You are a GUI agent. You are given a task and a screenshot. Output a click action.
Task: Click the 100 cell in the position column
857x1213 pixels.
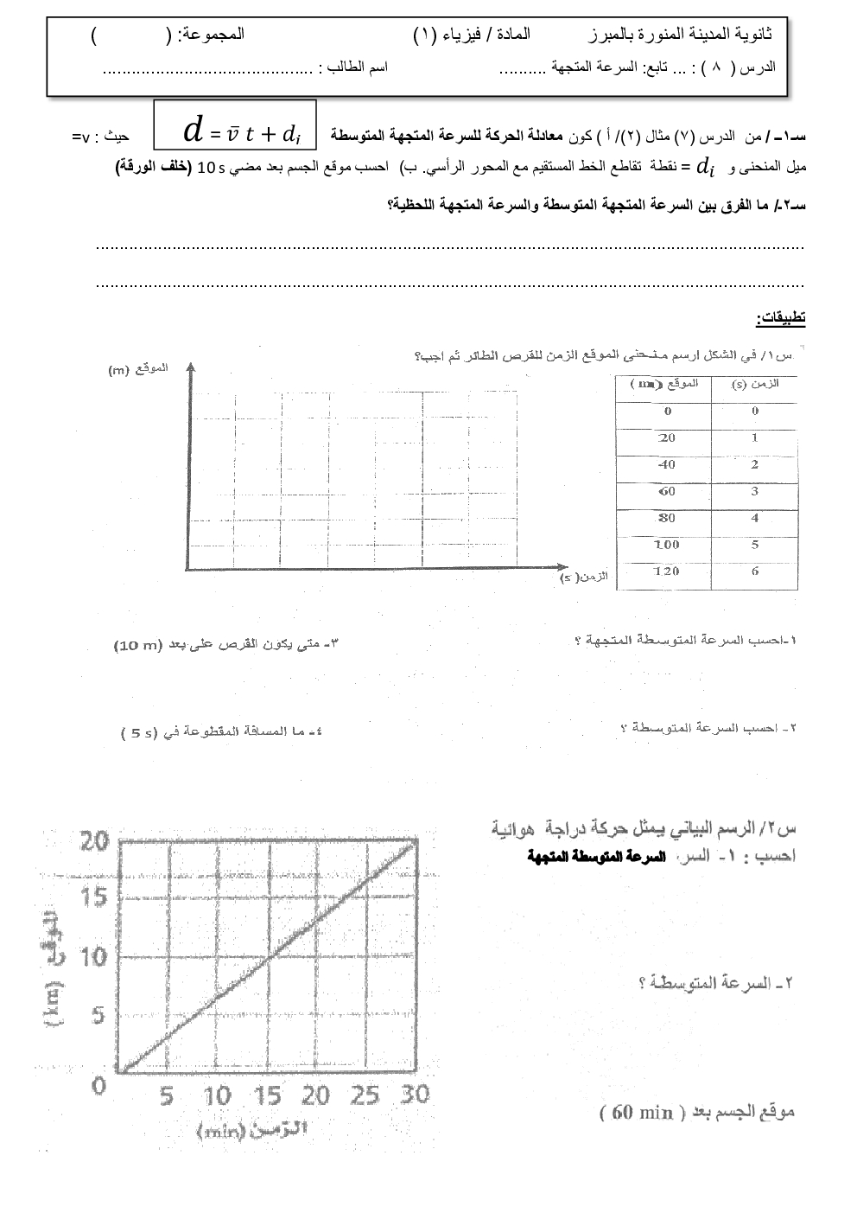pyautogui.click(x=666, y=545)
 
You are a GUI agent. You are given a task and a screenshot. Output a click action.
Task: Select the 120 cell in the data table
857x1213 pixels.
pyautogui.click(x=666, y=571)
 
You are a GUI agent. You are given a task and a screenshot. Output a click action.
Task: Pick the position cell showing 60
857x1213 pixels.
pyautogui.click(x=666, y=491)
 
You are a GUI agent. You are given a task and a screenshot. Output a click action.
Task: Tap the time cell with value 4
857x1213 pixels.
pyautogui.click(x=754, y=518)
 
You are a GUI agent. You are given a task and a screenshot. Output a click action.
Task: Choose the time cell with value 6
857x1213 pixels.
pyautogui.click(x=754, y=571)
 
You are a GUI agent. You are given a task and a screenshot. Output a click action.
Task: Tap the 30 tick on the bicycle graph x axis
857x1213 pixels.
pyautogui.click(x=415, y=1095)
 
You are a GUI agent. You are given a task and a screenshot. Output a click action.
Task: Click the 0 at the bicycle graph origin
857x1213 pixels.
pyautogui.click(x=99, y=1084)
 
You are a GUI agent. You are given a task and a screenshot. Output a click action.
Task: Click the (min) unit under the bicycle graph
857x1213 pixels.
pyautogui.click(x=221, y=1131)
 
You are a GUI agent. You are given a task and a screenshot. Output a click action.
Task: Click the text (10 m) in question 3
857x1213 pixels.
pyautogui.click(x=137, y=645)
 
